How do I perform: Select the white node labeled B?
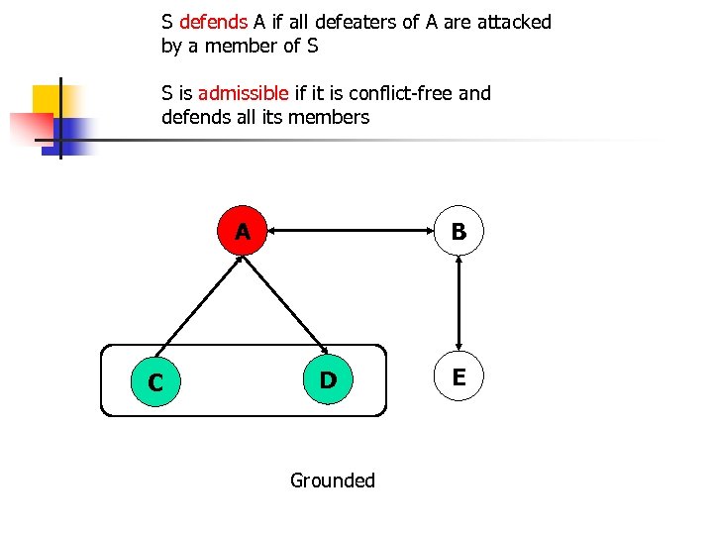458,232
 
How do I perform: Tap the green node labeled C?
155,381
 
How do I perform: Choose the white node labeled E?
458,376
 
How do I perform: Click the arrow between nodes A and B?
352,232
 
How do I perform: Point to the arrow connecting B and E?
458,304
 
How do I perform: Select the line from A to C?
199,307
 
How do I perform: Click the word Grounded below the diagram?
333,481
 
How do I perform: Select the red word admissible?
244,94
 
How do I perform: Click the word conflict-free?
403,94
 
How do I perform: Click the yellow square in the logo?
49,100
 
